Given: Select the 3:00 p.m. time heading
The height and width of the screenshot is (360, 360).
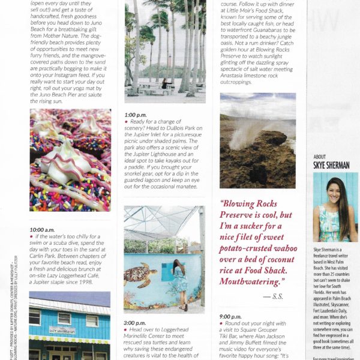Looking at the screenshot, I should (134, 322).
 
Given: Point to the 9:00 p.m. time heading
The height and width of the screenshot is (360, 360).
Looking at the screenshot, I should (230, 316).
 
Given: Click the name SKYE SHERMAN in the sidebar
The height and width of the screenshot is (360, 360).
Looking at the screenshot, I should (330, 164).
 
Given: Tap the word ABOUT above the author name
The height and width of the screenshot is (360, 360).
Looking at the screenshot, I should (320, 157).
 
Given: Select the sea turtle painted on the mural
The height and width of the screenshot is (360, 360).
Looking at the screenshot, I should (141, 275).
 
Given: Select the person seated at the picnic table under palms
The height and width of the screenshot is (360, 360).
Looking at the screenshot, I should (163, 83).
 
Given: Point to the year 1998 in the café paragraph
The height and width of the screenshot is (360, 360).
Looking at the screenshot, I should (84, 282).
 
